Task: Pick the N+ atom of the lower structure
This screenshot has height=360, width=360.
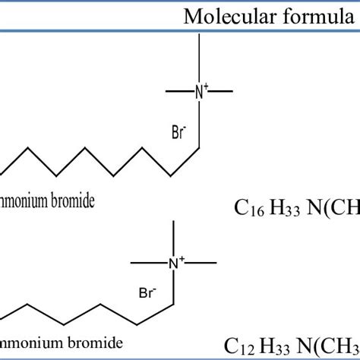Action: pos(175,263)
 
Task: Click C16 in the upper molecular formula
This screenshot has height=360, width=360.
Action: pos(242,207)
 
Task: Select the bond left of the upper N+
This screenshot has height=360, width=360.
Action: pos(179,92)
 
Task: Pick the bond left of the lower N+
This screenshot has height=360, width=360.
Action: pos(149,263)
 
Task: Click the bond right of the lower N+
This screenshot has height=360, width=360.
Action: pos(201,263)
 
